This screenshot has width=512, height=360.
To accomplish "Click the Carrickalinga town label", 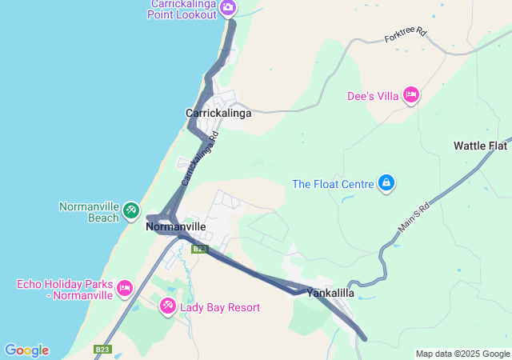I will pyautogui.click(x=218, y=113).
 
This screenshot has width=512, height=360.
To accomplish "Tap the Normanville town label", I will pyautogui.click(x=176, y=227).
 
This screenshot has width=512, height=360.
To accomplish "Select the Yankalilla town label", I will pyautogui.click(x=330, y=293).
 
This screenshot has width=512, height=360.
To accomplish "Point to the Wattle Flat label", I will pyautogui.click(x=480, y=146).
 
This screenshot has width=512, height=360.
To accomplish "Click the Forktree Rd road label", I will pyautogui.click(x=406, y=36).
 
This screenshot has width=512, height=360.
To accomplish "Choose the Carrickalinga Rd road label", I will pyautogui.click(x=200, y=158).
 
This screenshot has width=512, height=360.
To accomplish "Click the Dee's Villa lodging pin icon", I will pyautogui.click(x=411, y=95).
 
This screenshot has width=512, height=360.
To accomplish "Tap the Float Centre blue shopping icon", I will pyautogui.click(x=386, y=184).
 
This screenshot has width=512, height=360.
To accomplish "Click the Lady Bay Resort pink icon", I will pyautogui.click(x=168, y=306).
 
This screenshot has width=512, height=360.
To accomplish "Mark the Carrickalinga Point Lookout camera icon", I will pyautogui.click(x=228, y=8).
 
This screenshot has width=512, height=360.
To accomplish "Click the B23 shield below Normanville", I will pyautogui.click(x=199, y=249).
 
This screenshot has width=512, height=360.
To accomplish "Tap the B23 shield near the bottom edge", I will pyautogui.click(x=102, y=350).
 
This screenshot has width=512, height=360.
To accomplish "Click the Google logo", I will pyautogui.click(x=26, y=350).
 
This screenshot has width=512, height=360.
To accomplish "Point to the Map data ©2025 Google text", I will pyautogui.click(x=462, y=354).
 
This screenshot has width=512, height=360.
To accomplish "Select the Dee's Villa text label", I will pyautogui.click(x=373, y=96).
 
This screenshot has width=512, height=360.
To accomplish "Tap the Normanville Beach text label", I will pyautogui.click(x=90, y=211).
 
